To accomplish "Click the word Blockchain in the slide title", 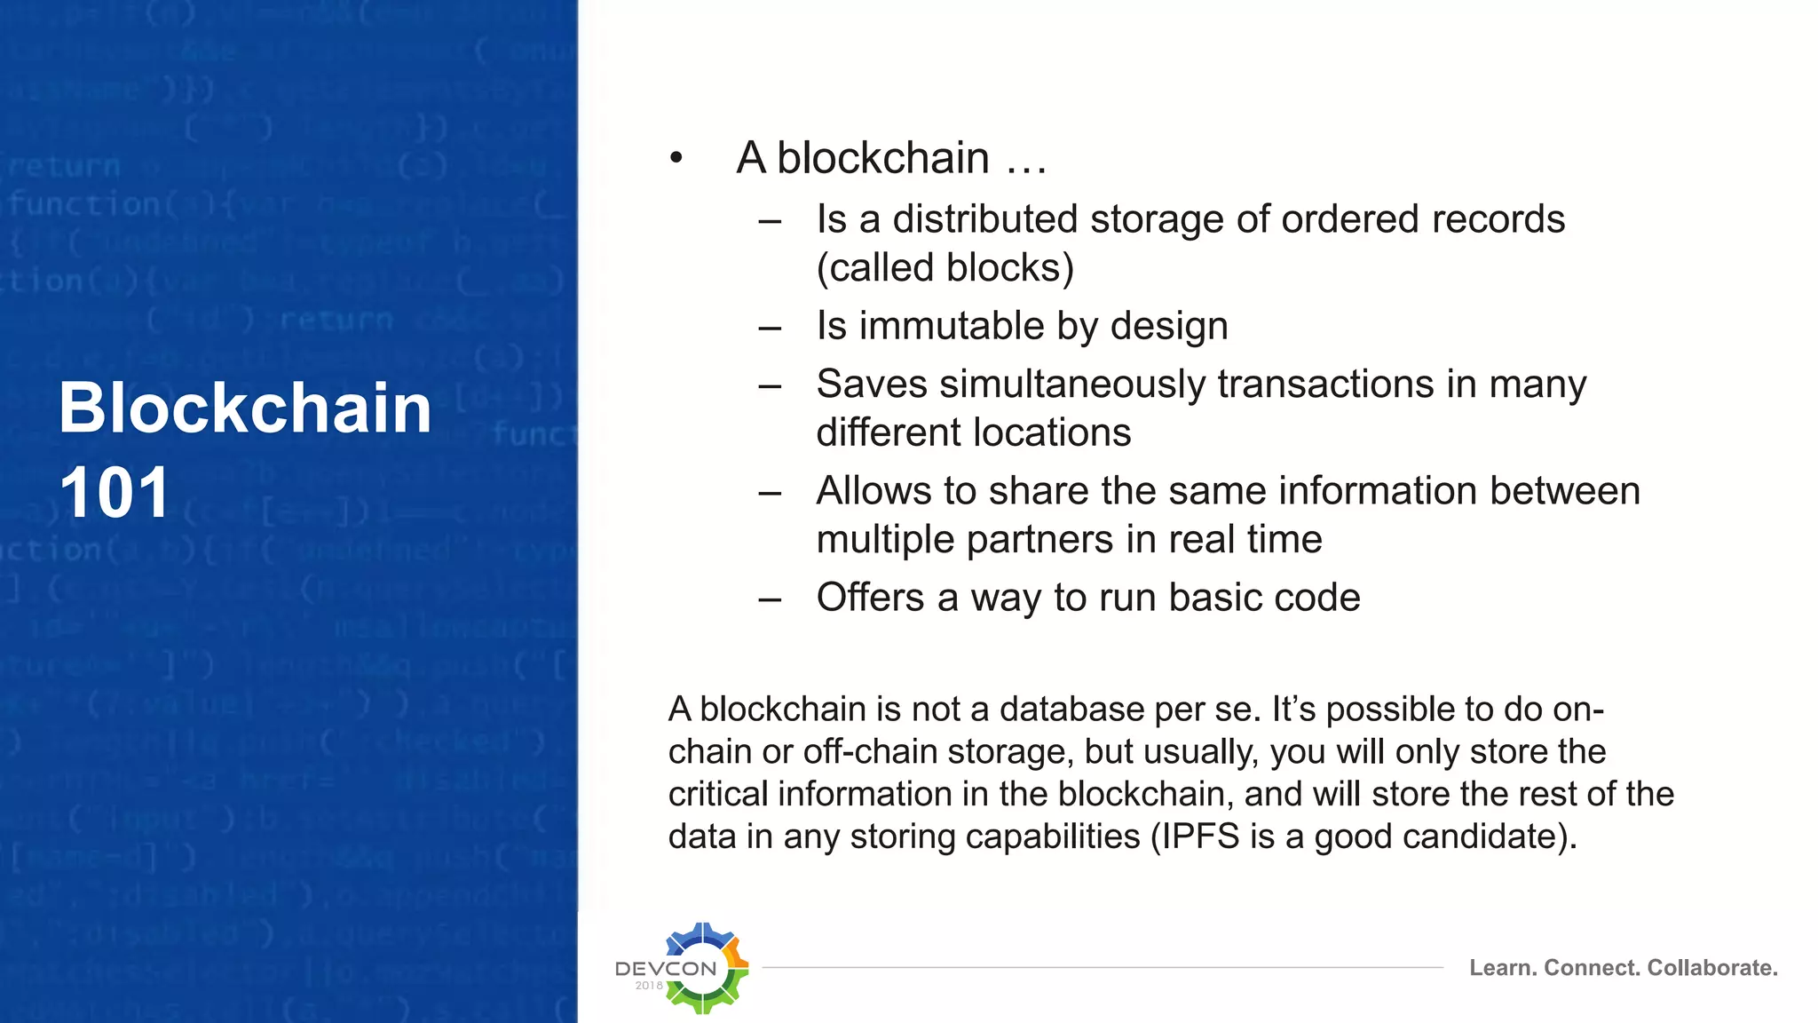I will coord(245,408).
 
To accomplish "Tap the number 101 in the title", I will coord(115,494).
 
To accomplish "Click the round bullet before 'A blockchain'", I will coord(676,158).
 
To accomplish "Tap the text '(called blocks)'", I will coord(945,268).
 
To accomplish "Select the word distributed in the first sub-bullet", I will coord(985,219).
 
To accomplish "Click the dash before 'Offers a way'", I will coord(770,599).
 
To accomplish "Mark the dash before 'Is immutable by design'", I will coord(770,328).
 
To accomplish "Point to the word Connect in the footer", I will coord(1592,968).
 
